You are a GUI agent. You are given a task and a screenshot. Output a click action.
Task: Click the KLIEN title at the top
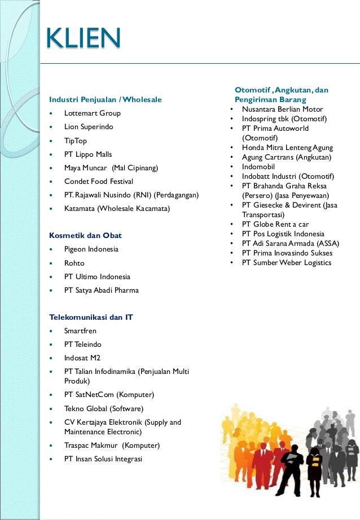(x=83, y=38)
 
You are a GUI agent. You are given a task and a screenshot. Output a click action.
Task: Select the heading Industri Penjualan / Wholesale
(x=106, y=100)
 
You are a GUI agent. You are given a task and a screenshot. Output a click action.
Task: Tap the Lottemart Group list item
(x=92, y=113)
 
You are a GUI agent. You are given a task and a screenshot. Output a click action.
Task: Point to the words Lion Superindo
(x=89, y=127)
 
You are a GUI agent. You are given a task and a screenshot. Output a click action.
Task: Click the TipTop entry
(x=76, y=141)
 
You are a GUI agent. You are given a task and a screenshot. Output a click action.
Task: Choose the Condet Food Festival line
(x=99, y=182)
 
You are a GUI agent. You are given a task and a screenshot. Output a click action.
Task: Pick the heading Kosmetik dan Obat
(x=86, y=235)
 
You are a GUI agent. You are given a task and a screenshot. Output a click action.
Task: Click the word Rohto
(x=74, y=263)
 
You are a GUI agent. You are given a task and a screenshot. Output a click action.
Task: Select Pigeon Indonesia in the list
(x=91, y=249)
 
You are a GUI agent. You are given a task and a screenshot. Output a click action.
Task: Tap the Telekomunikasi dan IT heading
(x=91, y=317)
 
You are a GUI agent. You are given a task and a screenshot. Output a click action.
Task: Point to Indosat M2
(x=82, y=358)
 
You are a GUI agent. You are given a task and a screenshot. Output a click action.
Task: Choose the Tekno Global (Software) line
(x=104, y=408)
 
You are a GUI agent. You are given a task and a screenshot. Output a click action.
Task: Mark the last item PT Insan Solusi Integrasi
(x=103, y=459)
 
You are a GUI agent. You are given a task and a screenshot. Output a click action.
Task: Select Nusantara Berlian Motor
(x=282, y=109)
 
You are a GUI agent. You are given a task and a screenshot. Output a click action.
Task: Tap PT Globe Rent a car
(x=275, y=224)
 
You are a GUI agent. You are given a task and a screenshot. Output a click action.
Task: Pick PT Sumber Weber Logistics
(x=287, y=263)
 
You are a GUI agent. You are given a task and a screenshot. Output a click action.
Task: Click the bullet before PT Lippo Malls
(x=52, y=155)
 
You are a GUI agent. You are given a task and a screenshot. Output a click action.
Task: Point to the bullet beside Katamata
(x=52, y=209)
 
